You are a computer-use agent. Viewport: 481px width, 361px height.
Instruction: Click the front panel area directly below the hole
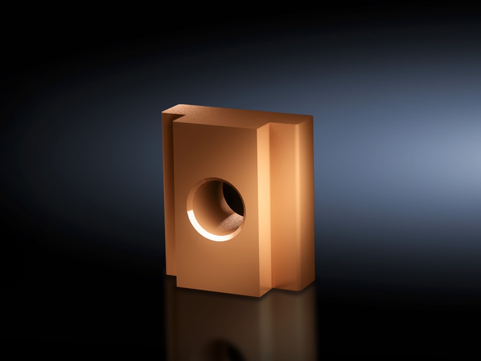click(x=216, y=262)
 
